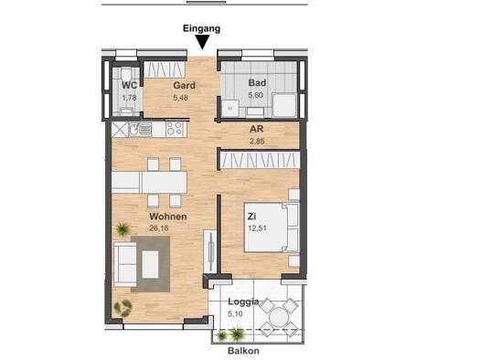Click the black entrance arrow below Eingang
(202, 42)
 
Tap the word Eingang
(201, 28)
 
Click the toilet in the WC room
(126, 75)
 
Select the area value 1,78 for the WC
(129, 98)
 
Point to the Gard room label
(184, 85)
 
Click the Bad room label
(257, 82)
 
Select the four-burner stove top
(176, 129)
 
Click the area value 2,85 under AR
(257, 142)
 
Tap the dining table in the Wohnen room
(149, 183)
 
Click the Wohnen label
(168, 217)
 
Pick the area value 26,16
(159, 228)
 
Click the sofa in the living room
(125, 264)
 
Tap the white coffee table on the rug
(150, 265)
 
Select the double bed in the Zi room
(272, 228)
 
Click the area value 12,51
(257, 228)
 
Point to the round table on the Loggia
(278, 317)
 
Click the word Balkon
(243, 351)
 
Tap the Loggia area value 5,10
(235, 313)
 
